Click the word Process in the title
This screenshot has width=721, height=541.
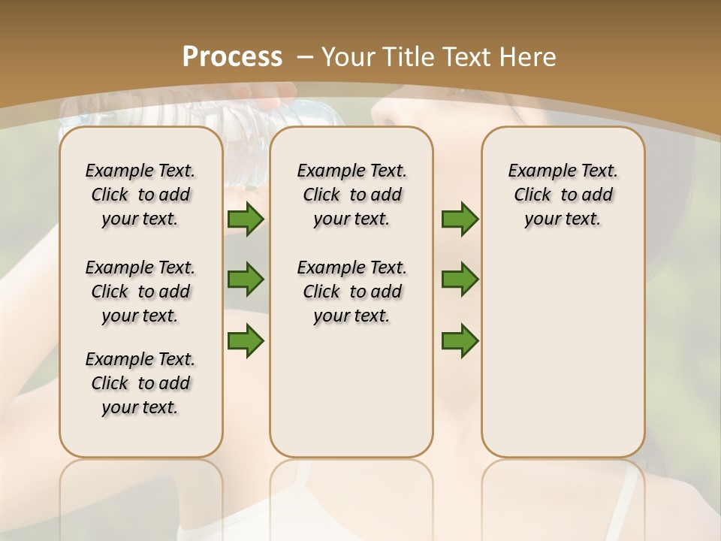coord(232,57)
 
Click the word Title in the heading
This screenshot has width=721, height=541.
coord(409,57)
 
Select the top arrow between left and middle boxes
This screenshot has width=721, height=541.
coord(246,219)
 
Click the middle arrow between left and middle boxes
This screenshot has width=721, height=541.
coord(246,280)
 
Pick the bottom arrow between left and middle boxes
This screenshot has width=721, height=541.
coord(246,340)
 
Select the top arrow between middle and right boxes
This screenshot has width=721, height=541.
coord(460,219)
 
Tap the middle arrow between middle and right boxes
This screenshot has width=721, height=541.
coord(460,280)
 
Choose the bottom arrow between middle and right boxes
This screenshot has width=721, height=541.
coord(460,340)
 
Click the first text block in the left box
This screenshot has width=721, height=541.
coord(140,195)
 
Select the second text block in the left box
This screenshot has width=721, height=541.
coord(140,292)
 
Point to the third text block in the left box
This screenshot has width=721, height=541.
coord(140,383)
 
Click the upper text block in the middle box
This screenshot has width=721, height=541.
coord(351,195)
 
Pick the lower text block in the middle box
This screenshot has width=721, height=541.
coord(351,292)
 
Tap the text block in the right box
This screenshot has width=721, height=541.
coord(563,195)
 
